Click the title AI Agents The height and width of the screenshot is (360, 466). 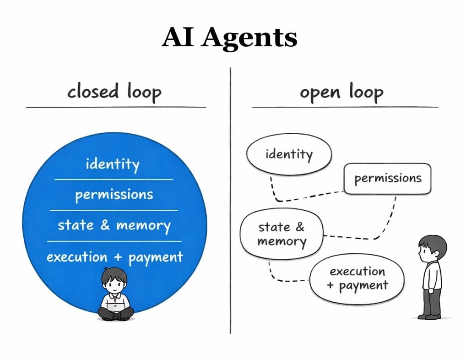click(229, 38)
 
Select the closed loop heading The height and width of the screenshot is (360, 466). click(114, 92)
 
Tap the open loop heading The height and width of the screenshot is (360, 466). click(341, 92)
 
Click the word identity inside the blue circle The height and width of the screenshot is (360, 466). click(113, 164)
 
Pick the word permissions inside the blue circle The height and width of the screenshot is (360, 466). click(114, 195)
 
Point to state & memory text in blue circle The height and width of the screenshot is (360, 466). click(114, 225)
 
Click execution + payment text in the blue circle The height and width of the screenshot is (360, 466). click(114, 257)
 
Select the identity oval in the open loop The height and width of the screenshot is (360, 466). click(288, 154)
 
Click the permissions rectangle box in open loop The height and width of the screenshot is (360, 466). click(387, 178)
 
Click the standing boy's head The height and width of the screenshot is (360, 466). click(432, 248)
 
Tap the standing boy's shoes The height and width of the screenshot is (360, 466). click(429, 316)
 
